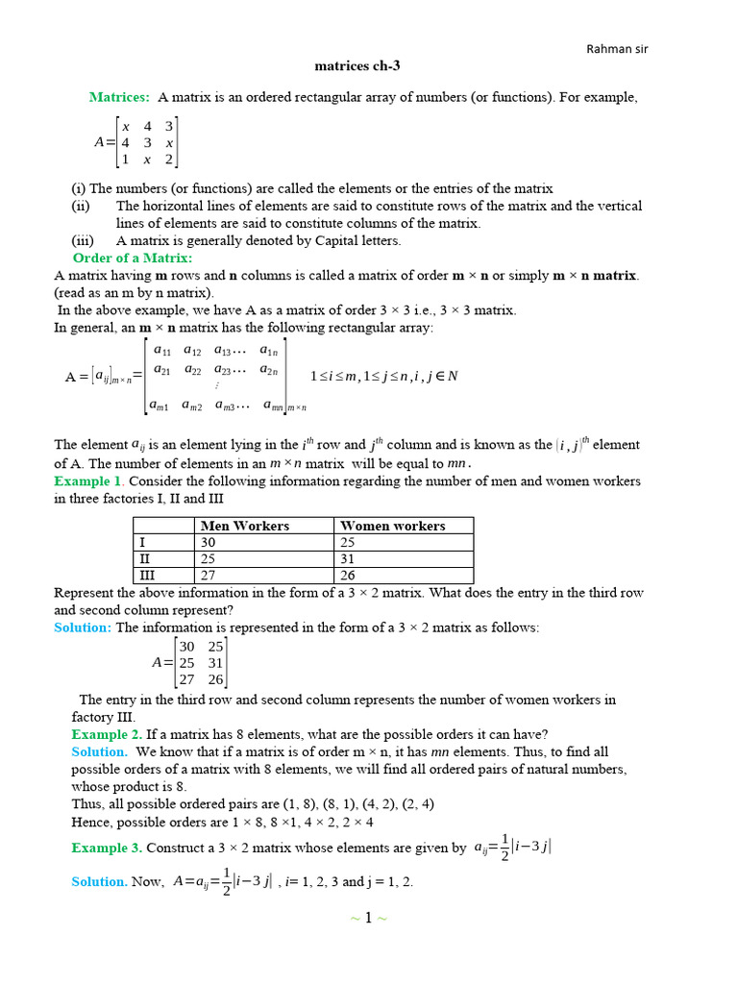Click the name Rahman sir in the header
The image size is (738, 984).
coord(624,50)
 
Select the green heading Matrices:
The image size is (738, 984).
coord(119,97)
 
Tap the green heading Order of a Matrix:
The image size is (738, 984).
coord(133,258)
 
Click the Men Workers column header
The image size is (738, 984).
coord(244,526)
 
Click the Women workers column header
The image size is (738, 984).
coord(393,526)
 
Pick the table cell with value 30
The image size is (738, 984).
coord(209,542)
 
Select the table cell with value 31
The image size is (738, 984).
coord(349,558)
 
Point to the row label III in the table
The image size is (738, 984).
coord(147,575)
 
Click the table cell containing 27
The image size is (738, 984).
coord(209,575)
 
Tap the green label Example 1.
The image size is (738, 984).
coord(88,480)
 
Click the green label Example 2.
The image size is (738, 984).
coord(107,734)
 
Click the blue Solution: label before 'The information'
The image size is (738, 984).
coord(84,627)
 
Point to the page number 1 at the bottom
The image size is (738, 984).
coord(368,918)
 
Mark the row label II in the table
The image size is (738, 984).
coord(145,558)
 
